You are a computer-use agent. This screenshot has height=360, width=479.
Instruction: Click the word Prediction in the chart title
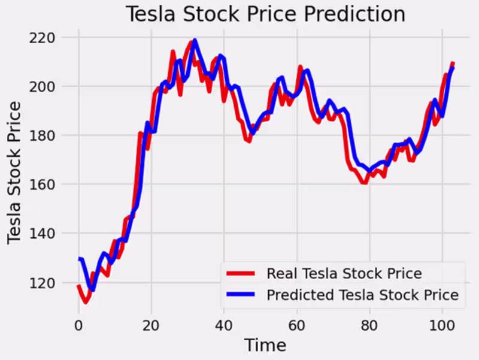354,14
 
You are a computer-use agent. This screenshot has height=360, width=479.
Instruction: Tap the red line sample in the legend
241,274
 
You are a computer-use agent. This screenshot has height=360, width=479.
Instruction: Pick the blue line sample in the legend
241,295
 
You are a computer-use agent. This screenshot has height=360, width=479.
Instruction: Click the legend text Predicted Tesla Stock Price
362,295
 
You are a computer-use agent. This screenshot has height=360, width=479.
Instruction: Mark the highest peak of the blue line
195,41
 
